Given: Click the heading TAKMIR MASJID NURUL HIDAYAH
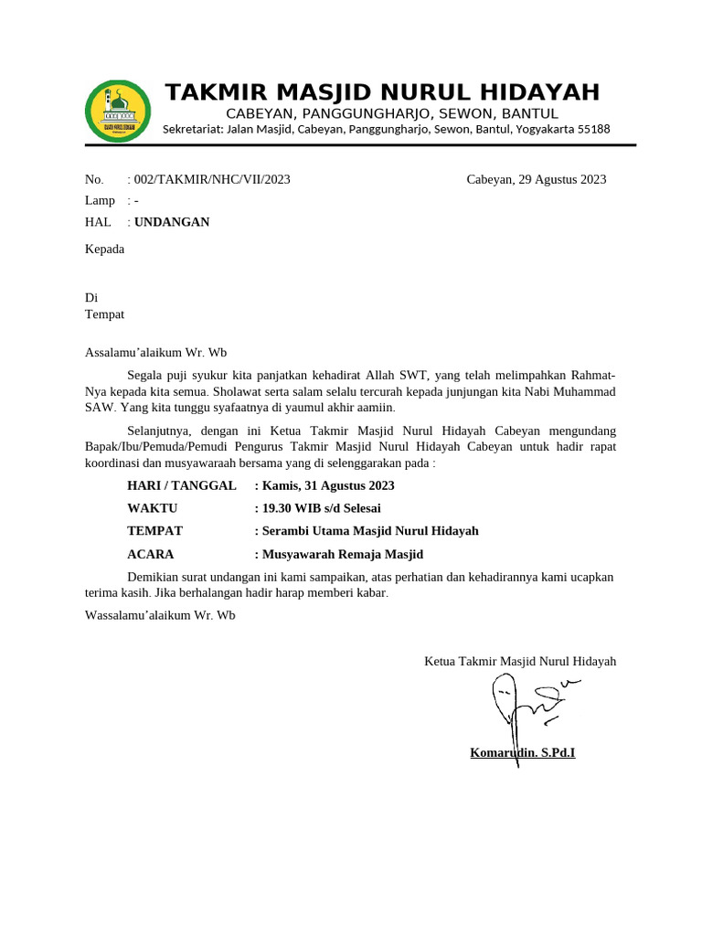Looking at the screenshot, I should tap(382, 92).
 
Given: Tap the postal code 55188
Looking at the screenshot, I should tap(592, 130).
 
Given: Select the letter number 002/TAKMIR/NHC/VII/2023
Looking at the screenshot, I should tap(212, 179).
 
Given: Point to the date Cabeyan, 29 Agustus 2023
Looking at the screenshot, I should tap(536, 179).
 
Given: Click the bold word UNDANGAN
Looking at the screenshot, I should tap(172, 222).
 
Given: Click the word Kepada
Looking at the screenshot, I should tap(104, 248).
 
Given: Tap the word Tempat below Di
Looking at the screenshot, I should tap(104, 314).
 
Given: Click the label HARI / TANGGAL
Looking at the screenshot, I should tap(182, 485).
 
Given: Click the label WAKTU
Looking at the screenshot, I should tap(153, 508).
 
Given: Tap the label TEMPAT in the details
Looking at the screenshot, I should tap(155, 531).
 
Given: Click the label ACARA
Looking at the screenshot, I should tap(151, 554).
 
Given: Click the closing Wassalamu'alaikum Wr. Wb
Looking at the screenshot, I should tap(160, 615).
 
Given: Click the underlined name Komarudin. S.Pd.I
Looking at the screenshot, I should tap(522, 753).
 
